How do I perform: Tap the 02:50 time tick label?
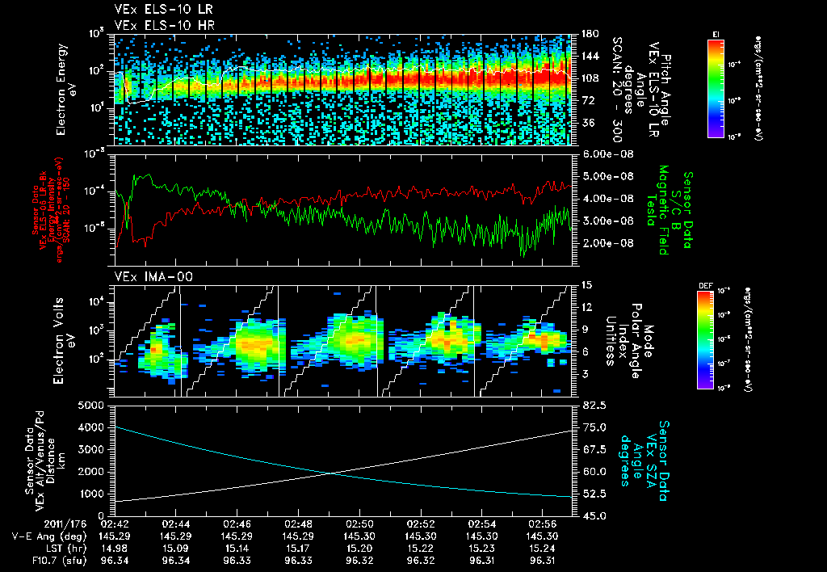pyautogui.click(x=359, y=524)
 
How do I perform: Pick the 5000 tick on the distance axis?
pyautogui.click(x=94, y=405)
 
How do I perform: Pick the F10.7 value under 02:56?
pyautogui.click(x=543, y=559)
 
